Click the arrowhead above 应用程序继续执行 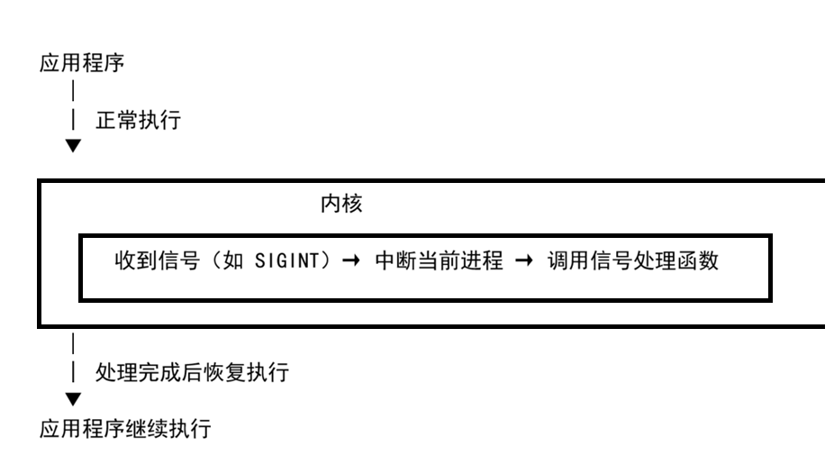click(73, 398)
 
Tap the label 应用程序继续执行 click(125, 428)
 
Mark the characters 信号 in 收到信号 click(159, 263)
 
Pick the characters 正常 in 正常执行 click(117, 122)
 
